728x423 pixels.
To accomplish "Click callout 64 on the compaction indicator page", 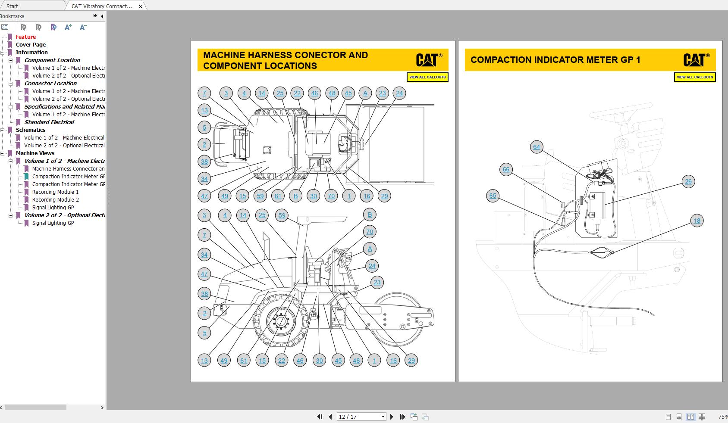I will (x=536, y=147).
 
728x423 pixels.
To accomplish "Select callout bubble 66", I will (x=506, y=169).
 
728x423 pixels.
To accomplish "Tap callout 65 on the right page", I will (x=493, y=196).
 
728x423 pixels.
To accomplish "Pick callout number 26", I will (x=688, y=181).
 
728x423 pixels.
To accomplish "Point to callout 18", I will (x=697, y=221).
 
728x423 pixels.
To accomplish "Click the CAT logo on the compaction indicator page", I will (x=694, y=60).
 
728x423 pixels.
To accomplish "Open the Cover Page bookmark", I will (x=31, y=44).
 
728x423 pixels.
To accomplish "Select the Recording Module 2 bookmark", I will (x=55, y=199).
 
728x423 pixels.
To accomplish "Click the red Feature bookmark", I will (x=25, y=37).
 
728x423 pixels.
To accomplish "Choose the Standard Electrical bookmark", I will (x=49, y=122).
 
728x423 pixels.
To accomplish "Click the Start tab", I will (x=12, y=6).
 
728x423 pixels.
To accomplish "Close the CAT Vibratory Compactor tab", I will (x=141, y=6).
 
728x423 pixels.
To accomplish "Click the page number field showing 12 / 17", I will (x=361, y=417).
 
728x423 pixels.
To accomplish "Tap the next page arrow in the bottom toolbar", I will (x=392, y=417).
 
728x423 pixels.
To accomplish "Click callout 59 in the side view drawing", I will (x=282, y=215).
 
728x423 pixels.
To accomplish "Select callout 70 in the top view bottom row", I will (x=331, y=196).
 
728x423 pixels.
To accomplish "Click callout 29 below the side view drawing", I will (x=411, y=361).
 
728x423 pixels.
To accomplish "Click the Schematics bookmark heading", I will (x=30, y=130).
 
